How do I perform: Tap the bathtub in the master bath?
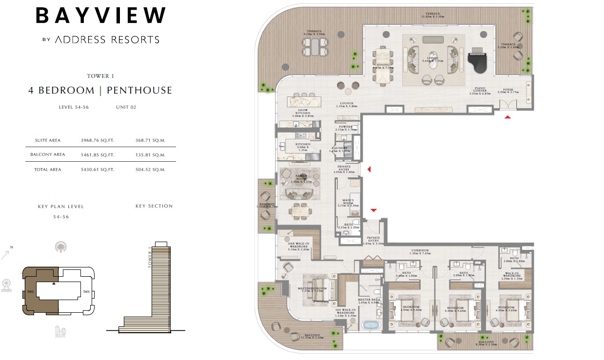coord(370,325)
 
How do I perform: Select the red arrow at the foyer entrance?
coord(507,117)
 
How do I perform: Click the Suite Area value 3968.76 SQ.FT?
coord(97,140)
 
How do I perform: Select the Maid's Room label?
coord(348,203)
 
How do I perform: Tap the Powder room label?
coord(346,128)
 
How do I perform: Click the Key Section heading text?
coord(154,206)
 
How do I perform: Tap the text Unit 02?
coord(126,107)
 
